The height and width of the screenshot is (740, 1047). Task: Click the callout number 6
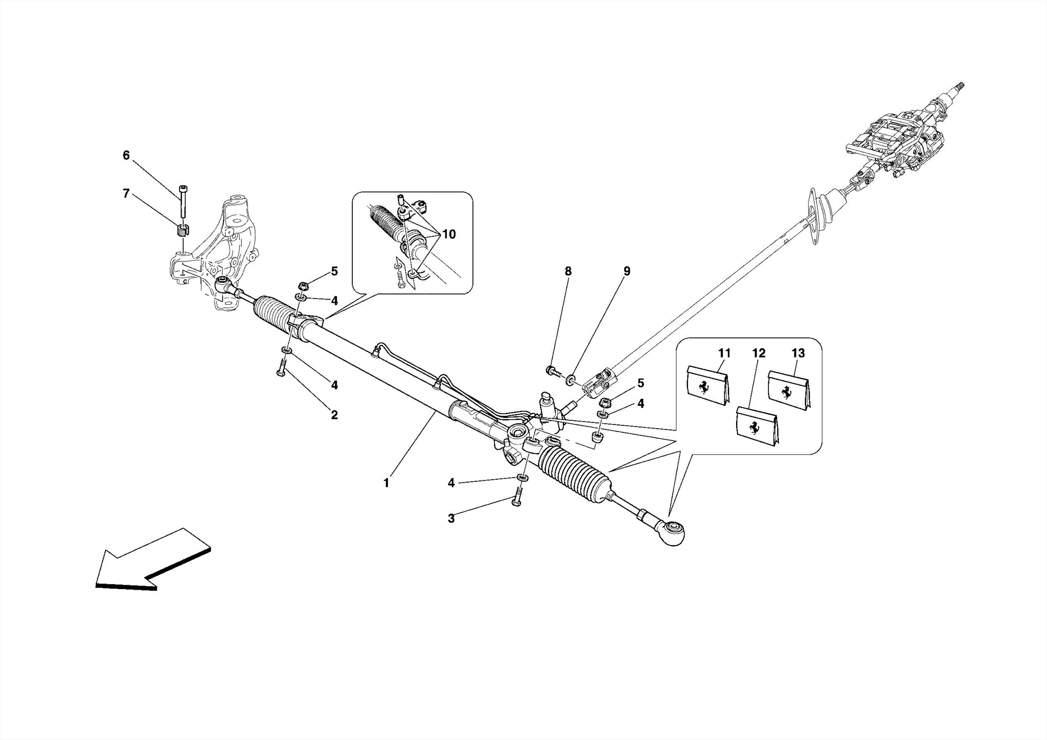click(x=126, y=155)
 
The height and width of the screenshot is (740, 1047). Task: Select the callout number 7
click(x=126, y=193)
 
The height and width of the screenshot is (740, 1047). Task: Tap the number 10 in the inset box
click(x=448, y=235)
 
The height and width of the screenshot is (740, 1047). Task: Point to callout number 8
click(x=568, y=272)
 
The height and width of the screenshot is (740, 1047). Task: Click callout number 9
click(x=627, y=272)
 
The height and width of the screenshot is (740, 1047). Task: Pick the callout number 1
click(x=386, y=482)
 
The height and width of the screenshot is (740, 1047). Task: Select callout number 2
click(x=334, y=415)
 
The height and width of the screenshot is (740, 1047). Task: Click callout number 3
click(x=451, y=519)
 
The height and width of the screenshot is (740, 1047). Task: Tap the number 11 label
click(x=724, y=353)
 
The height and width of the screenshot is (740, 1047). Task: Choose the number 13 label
click(x=798, y=353)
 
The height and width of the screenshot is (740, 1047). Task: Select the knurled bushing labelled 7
click(x=181, y=231)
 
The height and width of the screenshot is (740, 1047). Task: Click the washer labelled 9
click(x=570, y=379)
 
